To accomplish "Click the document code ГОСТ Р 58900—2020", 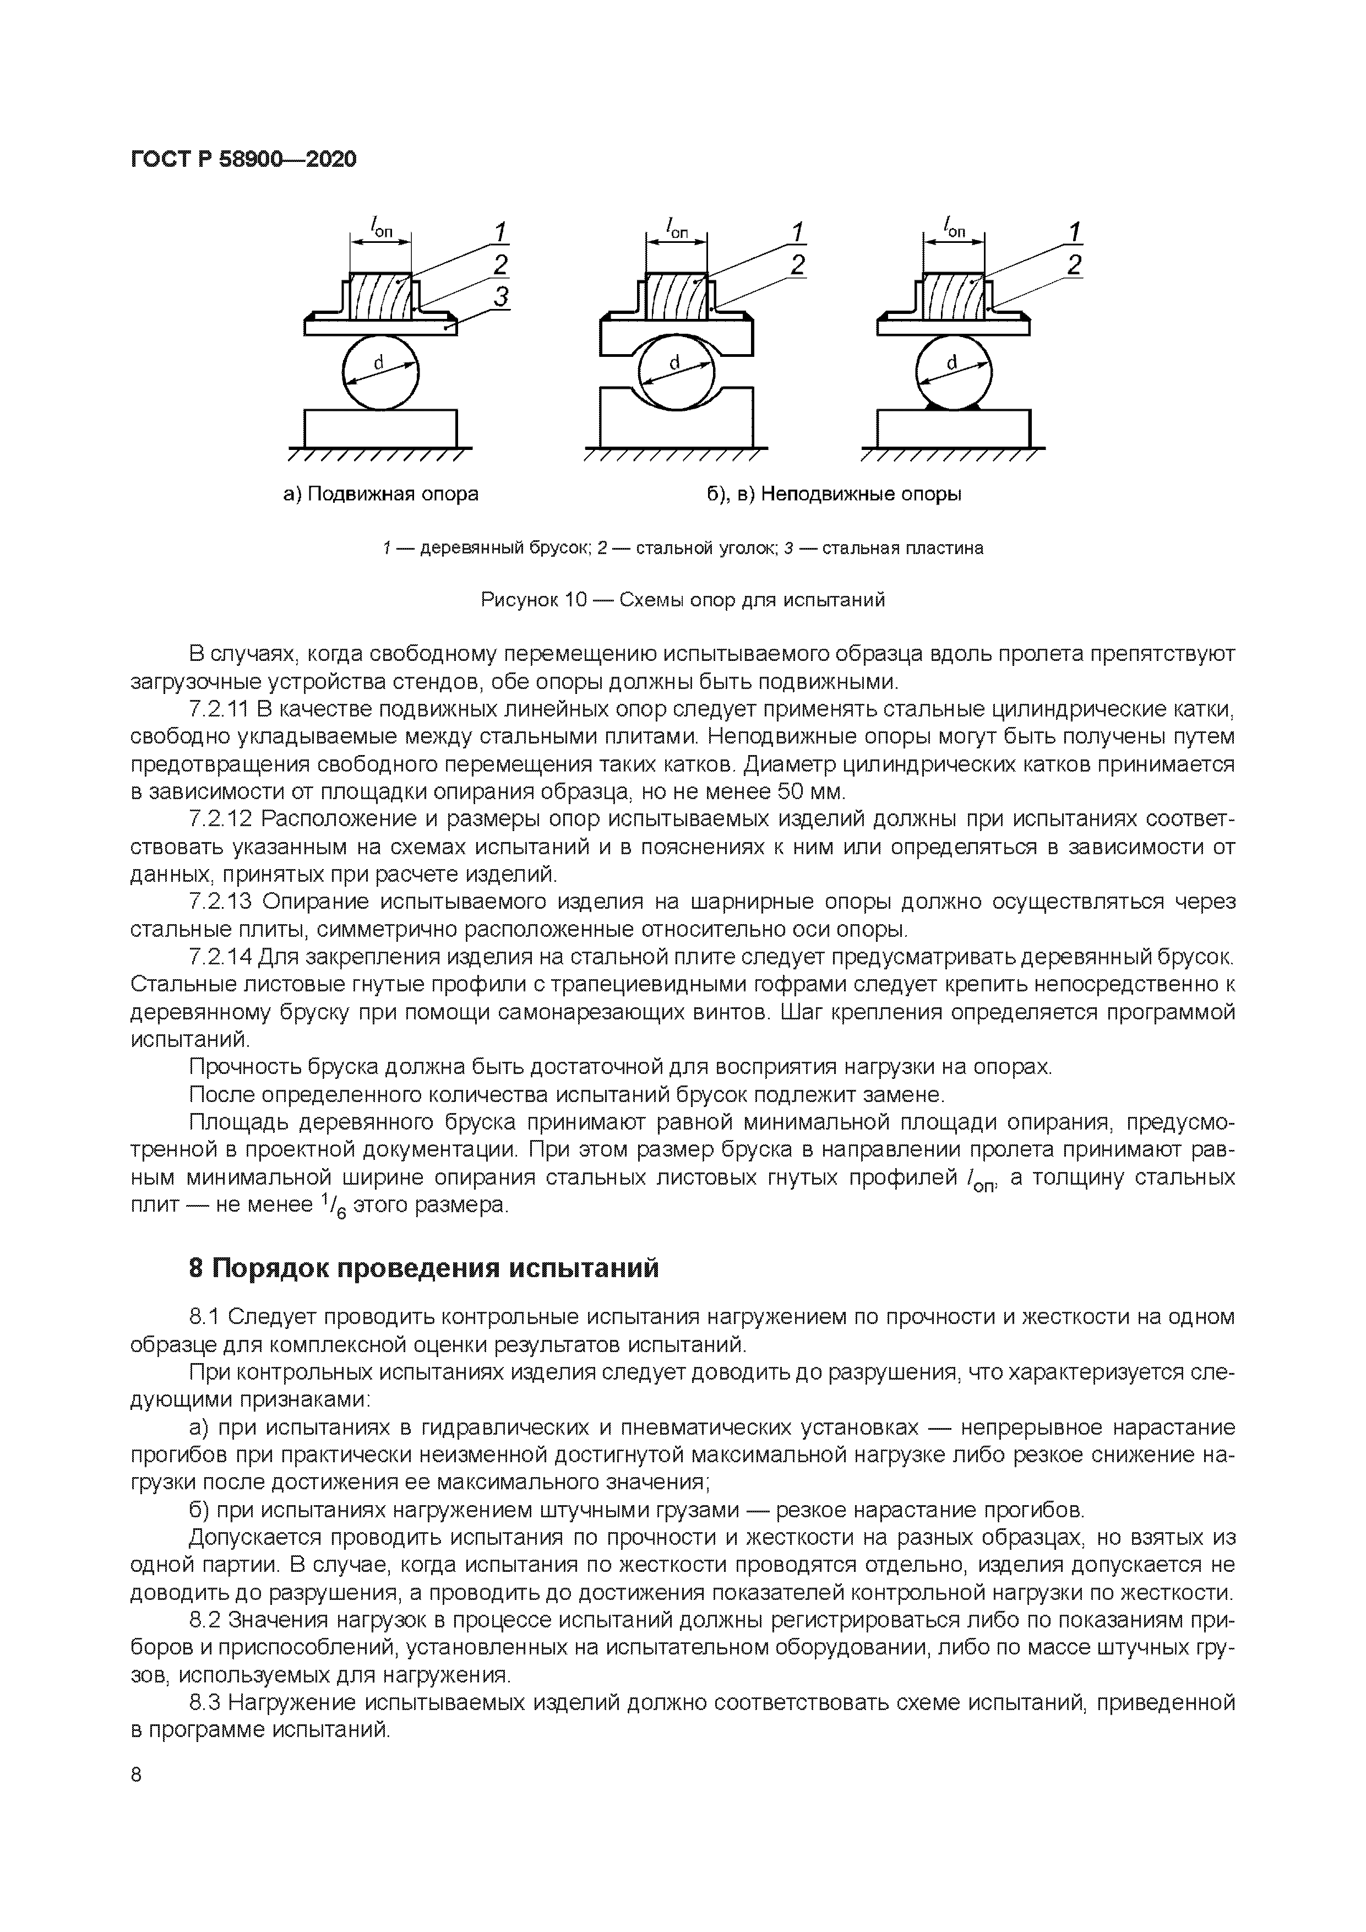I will (244, 158).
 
